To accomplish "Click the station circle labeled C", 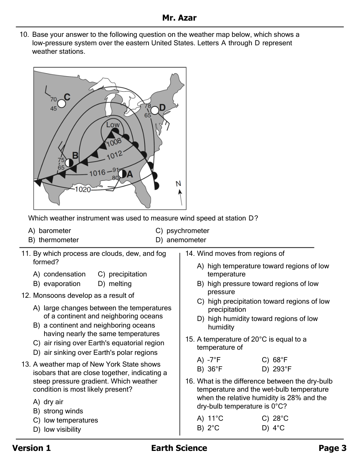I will [x=61, y=103].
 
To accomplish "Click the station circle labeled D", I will [x=155, y=110].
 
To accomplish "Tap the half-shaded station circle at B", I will [x=69, y=162].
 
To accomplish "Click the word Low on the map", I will [x=113, y=125].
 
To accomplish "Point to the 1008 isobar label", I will [x=114, y=142].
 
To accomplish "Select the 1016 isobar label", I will [x=97, y=173].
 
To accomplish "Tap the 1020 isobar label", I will [x=83, y=189].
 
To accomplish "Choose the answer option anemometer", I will [x=186, y=240].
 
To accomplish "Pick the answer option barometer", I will [x=54, y=231].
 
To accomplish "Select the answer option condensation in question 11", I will [x=64, y=274].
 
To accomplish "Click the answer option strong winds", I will [x=63, y=411].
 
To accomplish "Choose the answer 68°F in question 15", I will [x=280, y=360].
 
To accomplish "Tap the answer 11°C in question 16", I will [x=215, y=419].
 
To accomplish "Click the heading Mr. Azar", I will [x=179, y=18].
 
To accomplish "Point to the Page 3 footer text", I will [x=332, y=448].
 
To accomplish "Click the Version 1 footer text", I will [x=32, y=448].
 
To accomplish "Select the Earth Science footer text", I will [x=179, y=448].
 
